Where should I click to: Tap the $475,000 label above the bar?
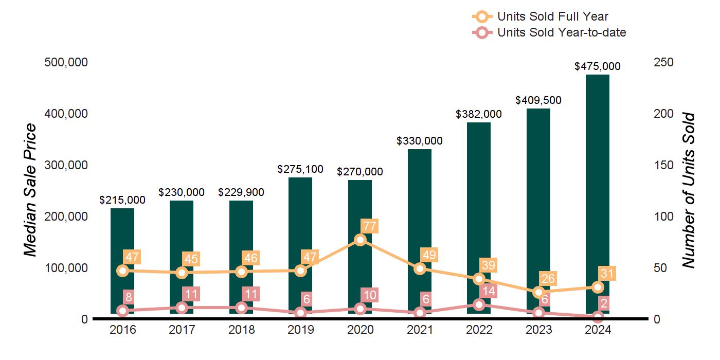598,66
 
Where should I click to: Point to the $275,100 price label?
300,169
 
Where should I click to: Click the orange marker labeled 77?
360,240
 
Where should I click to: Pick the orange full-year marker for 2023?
538,292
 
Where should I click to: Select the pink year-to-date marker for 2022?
479,304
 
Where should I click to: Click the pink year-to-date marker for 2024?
598,317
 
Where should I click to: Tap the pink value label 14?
488,291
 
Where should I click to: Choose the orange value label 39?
488,265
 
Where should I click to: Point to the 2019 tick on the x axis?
300,330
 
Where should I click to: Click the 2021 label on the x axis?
420,330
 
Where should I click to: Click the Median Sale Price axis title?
31,190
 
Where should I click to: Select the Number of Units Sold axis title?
689,190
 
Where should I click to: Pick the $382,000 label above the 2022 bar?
479,114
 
